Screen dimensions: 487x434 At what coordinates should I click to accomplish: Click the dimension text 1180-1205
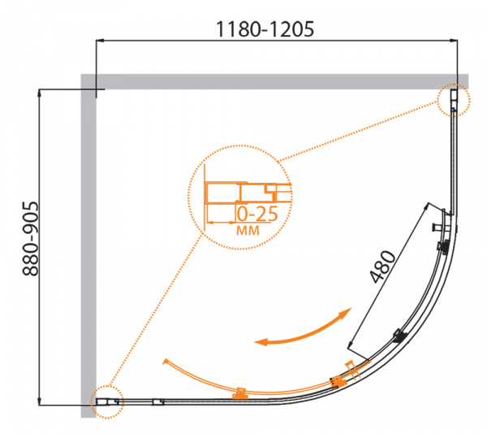(x=265, y=29)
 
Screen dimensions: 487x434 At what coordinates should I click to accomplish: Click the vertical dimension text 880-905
(x=31, y=239)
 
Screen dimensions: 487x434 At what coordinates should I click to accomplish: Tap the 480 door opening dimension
(x=383, y=267)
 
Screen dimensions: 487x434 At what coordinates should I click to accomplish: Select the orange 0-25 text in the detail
(x=257, y=214)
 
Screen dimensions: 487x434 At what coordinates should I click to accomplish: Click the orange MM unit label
(x=248, y=230)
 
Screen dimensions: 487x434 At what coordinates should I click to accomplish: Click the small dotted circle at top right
(x=454, y=100)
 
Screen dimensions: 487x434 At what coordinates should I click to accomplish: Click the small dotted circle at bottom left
(x=107, y=402)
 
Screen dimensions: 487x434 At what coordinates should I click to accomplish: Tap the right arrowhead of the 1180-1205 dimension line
(x=454, y=40)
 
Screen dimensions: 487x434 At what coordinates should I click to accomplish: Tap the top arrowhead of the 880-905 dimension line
(x=39, y=93)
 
